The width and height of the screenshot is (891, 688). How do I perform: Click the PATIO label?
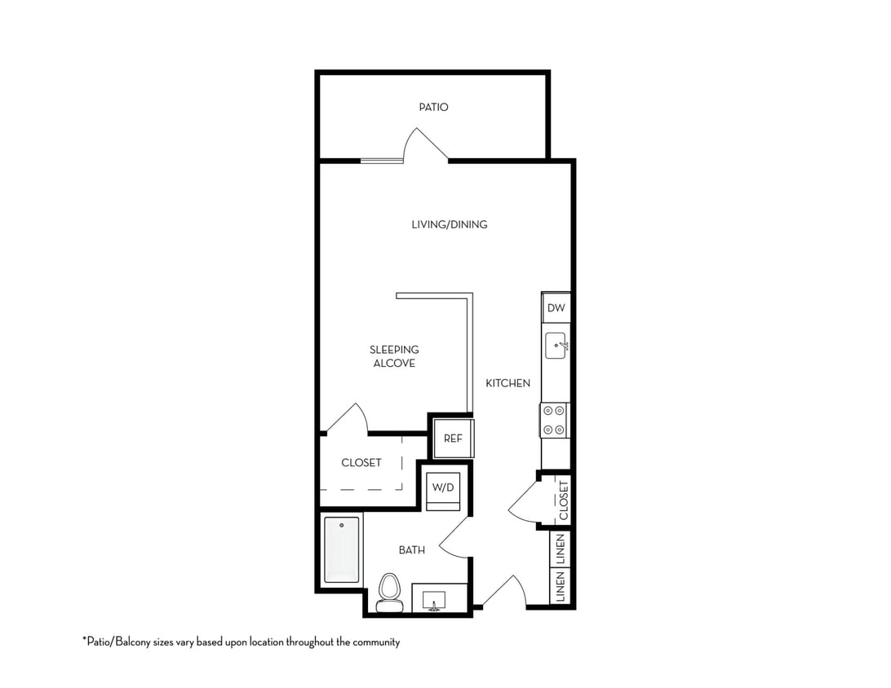point(433,107)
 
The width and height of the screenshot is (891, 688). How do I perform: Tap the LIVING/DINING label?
point(449,224)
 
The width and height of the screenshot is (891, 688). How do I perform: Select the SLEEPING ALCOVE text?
point(394,356)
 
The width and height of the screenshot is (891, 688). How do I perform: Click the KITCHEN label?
point(508,382)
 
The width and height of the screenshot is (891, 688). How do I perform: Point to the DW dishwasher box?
point(556,307)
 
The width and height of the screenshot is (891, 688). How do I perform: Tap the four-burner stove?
point(555,420)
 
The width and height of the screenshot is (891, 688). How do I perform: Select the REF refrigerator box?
point(453,438)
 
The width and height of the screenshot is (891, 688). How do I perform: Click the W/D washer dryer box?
point(443,487)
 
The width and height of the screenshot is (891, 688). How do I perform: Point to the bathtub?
point(341,550)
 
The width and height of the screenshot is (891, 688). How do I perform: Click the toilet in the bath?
point(390,592)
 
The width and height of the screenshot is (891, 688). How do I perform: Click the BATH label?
point(411,550)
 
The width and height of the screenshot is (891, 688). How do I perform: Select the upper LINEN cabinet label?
point(561,549)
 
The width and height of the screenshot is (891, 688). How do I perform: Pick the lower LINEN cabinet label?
point(561,588)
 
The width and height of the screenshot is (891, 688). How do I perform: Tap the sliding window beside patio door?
point(381,161)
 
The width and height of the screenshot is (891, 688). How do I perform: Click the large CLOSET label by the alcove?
point(361,462)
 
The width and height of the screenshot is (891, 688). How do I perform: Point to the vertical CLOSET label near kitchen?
point(563,500)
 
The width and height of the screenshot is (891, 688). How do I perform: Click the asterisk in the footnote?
point(84,640)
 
